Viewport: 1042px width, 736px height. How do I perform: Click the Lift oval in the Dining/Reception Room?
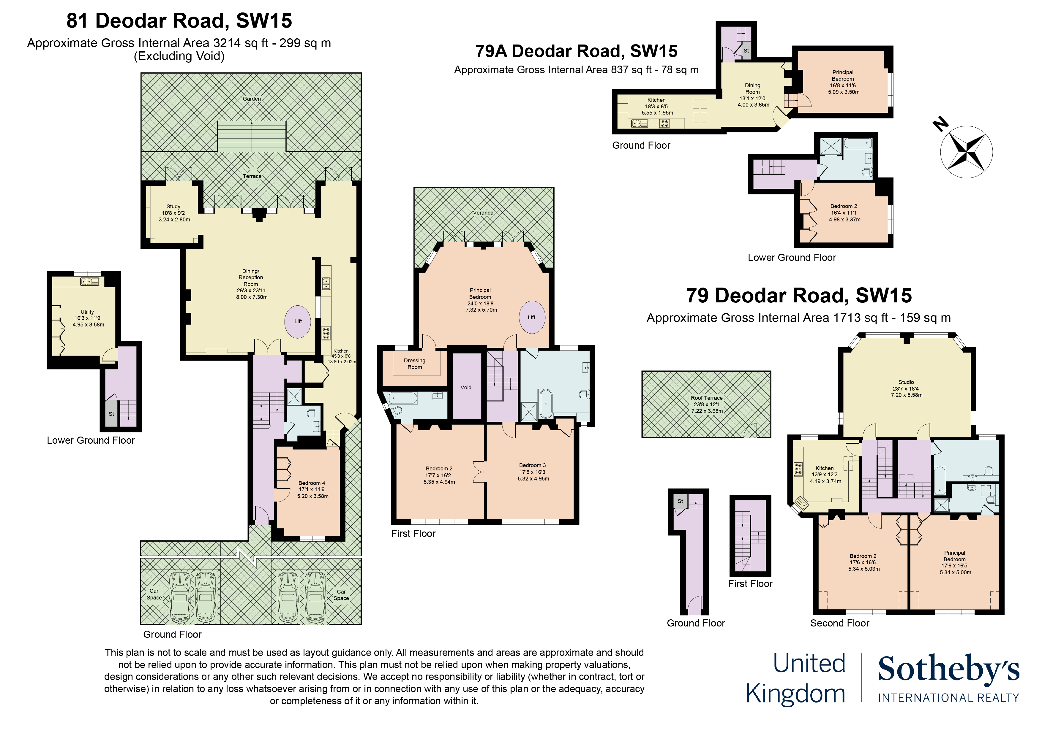tap(298, 321)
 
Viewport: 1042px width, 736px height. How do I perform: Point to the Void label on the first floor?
tap(466, 388)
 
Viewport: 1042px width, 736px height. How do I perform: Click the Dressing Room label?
tap(415, 364)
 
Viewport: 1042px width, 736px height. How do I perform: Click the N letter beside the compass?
tap(941, 124)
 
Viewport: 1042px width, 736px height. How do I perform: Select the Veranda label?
tap(483, 213)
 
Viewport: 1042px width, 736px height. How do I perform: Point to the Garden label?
tap(252, 99)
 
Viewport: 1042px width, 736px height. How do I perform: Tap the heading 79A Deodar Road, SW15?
tap(576, 51)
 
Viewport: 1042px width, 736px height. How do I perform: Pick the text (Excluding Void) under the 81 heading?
tap(179, 56)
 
